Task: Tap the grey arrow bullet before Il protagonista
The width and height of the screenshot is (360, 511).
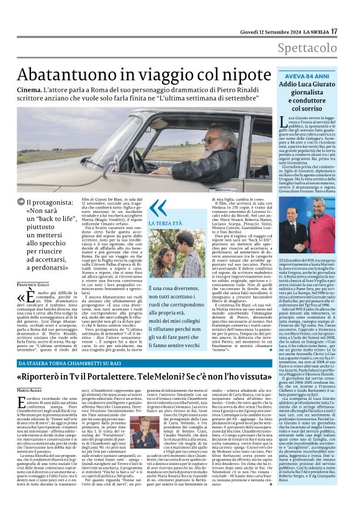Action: point(21,201)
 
